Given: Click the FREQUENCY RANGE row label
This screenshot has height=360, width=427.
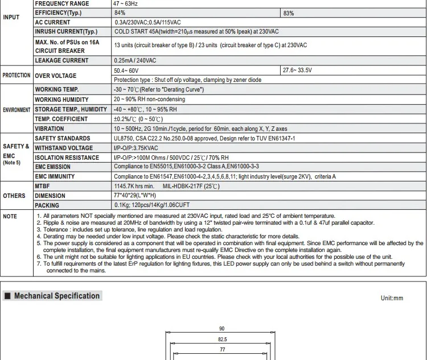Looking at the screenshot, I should [62, 3].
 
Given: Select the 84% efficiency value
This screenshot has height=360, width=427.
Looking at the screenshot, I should [120, 13].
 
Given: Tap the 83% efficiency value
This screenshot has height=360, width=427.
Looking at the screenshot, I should [289, 13].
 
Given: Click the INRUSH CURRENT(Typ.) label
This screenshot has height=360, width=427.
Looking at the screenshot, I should [66, 32].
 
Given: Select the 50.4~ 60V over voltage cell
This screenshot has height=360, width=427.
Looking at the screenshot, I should [126, 71].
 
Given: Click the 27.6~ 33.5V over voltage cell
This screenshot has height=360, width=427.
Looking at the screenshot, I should [297, 71].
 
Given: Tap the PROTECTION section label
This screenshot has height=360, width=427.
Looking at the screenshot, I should [17, 75].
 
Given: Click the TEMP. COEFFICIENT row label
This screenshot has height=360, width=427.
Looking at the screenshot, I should [61, 119].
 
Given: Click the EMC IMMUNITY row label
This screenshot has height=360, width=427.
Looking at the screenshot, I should [55, 176].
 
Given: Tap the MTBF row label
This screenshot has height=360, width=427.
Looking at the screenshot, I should [43, 186].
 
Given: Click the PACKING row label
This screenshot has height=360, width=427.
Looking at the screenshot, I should [47, 205].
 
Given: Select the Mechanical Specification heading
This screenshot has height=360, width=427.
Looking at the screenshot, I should [56, 296].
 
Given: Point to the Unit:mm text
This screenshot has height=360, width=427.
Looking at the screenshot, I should [392, 298].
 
